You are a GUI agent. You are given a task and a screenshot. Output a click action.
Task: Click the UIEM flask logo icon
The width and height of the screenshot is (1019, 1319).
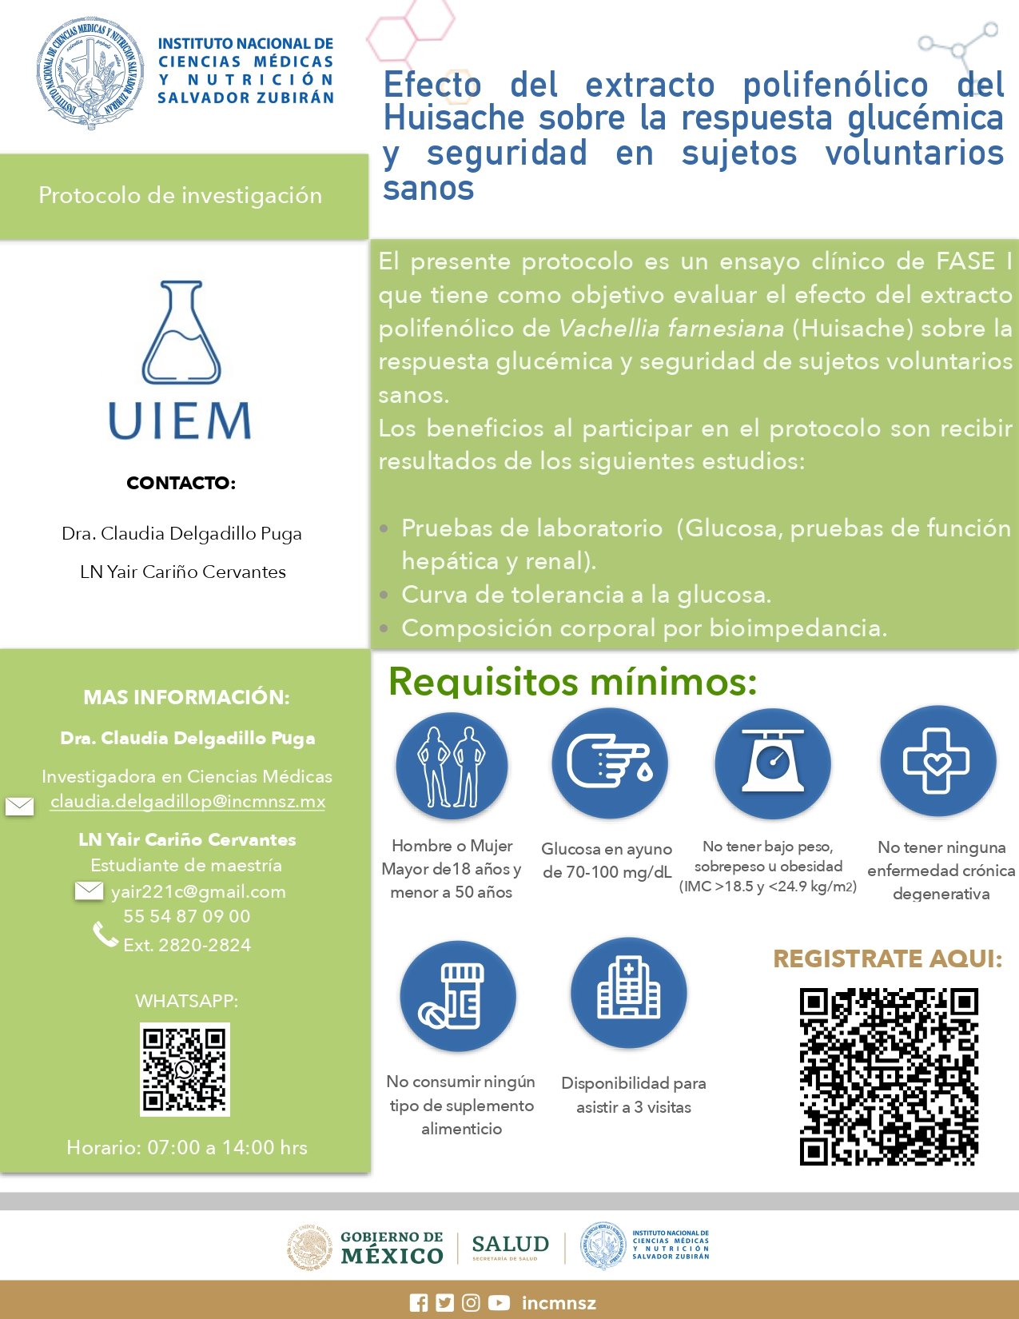click(181, 333)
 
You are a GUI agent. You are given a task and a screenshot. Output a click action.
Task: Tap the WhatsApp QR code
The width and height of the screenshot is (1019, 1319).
click(185, 1069)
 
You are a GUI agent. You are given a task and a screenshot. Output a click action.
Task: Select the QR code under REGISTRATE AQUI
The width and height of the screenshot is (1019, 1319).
click(889, 1077)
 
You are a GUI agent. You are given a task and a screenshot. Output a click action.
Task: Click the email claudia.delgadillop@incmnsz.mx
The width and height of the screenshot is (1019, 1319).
click(188, 802)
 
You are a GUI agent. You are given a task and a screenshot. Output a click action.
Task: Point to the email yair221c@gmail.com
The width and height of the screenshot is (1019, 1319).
click(198, 892)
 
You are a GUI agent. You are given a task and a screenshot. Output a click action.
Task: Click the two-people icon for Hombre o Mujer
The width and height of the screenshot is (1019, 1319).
click(452, 766)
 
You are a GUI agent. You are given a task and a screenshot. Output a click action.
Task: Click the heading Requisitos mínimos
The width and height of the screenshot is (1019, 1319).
click(572, 682)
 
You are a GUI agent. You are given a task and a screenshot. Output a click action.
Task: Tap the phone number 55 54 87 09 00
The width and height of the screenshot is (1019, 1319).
click(187, 917)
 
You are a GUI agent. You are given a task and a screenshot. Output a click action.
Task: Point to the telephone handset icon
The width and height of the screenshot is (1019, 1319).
click(105, 934)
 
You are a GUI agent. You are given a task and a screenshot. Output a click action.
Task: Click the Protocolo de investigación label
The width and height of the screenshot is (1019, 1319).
click(181, 196)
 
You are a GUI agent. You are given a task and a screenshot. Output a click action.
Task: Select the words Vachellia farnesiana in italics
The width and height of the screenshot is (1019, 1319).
click(671, 329)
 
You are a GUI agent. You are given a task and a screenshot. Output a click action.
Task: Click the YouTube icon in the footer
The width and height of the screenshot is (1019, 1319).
click(499, 1303)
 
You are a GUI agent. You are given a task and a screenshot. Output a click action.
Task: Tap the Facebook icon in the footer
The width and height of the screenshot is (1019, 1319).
click(419, 1303)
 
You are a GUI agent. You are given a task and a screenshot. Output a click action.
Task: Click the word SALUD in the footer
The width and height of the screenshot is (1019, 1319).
click(510, 1245)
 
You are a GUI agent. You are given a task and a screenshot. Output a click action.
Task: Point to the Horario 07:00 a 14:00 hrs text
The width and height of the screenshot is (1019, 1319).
click(187, 1148)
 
